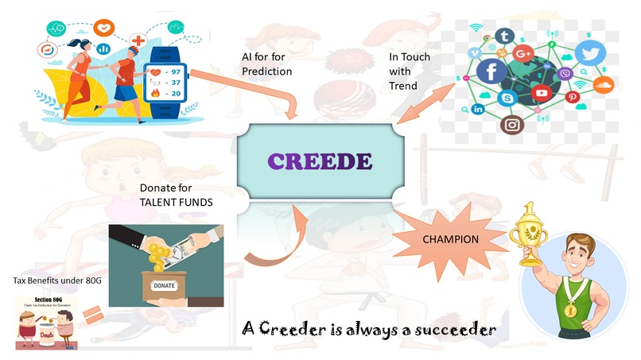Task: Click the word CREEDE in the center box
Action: coord(320,162)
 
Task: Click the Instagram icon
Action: coord(512,124)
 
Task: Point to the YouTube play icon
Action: coord(542,93)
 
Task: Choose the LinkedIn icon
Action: coord(478,109)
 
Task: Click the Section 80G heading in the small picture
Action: coord(49,299)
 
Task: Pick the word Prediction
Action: coord(267,72)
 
